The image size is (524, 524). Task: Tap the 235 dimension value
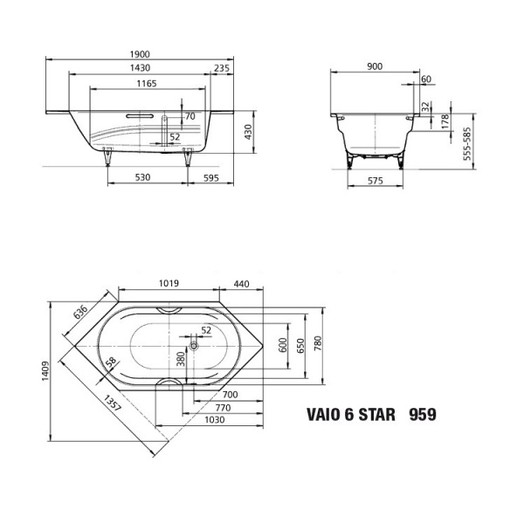pyautogui.click(x=222, y=69)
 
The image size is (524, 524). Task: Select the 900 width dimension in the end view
pyautogui.click(x=375, y=66)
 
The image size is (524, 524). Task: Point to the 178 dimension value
pyautogui.click(x=445, y=120)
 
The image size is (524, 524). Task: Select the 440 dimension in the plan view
pyautogui.click(x=242, y=284)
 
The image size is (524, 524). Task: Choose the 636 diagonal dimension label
pyautogui.click(x=79, y=312)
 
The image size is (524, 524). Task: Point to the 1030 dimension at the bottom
pyautogui.click(x=204, y=419)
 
